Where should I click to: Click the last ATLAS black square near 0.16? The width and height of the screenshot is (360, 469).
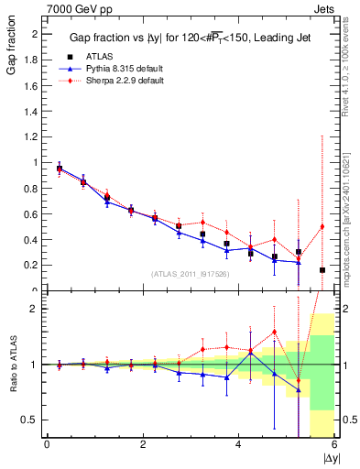pos(322,270)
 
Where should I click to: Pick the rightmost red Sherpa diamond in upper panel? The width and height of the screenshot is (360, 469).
pos(322,226)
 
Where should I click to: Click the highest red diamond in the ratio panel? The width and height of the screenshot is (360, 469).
pos(274,332)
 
